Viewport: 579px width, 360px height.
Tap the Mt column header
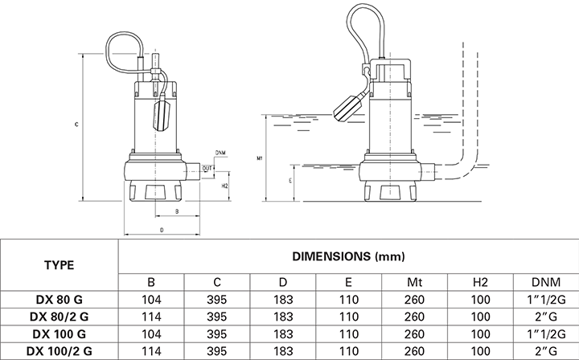(x=414, y=283)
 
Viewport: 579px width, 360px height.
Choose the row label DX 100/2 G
(x=60, y=350)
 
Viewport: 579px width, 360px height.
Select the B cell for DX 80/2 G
(x=152, y=317)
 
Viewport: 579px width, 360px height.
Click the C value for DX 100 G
(x=217, y=333)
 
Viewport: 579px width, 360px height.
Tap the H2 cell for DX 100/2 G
(x=479, y=350)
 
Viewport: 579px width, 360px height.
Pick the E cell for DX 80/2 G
(x=348, y=317)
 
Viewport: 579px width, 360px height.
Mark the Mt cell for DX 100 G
(x=414, y=333)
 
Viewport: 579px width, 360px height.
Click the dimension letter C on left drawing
(x=76, y=125)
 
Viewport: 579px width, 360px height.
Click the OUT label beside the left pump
(x=207, y=168)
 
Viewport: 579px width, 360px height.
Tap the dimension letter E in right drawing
(x=288, y=182)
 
